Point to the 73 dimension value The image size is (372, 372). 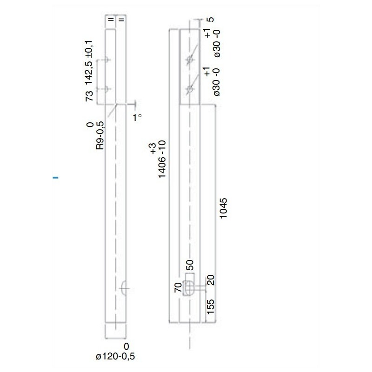click(90, 96)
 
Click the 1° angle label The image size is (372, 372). click(137, 118)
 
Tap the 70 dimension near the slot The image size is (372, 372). click(177, 287)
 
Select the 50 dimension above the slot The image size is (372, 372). click(190, 267)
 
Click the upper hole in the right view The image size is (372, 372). click(190, 60)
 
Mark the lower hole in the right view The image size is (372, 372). click(190, 88)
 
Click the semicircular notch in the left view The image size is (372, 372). click(124, 288)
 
